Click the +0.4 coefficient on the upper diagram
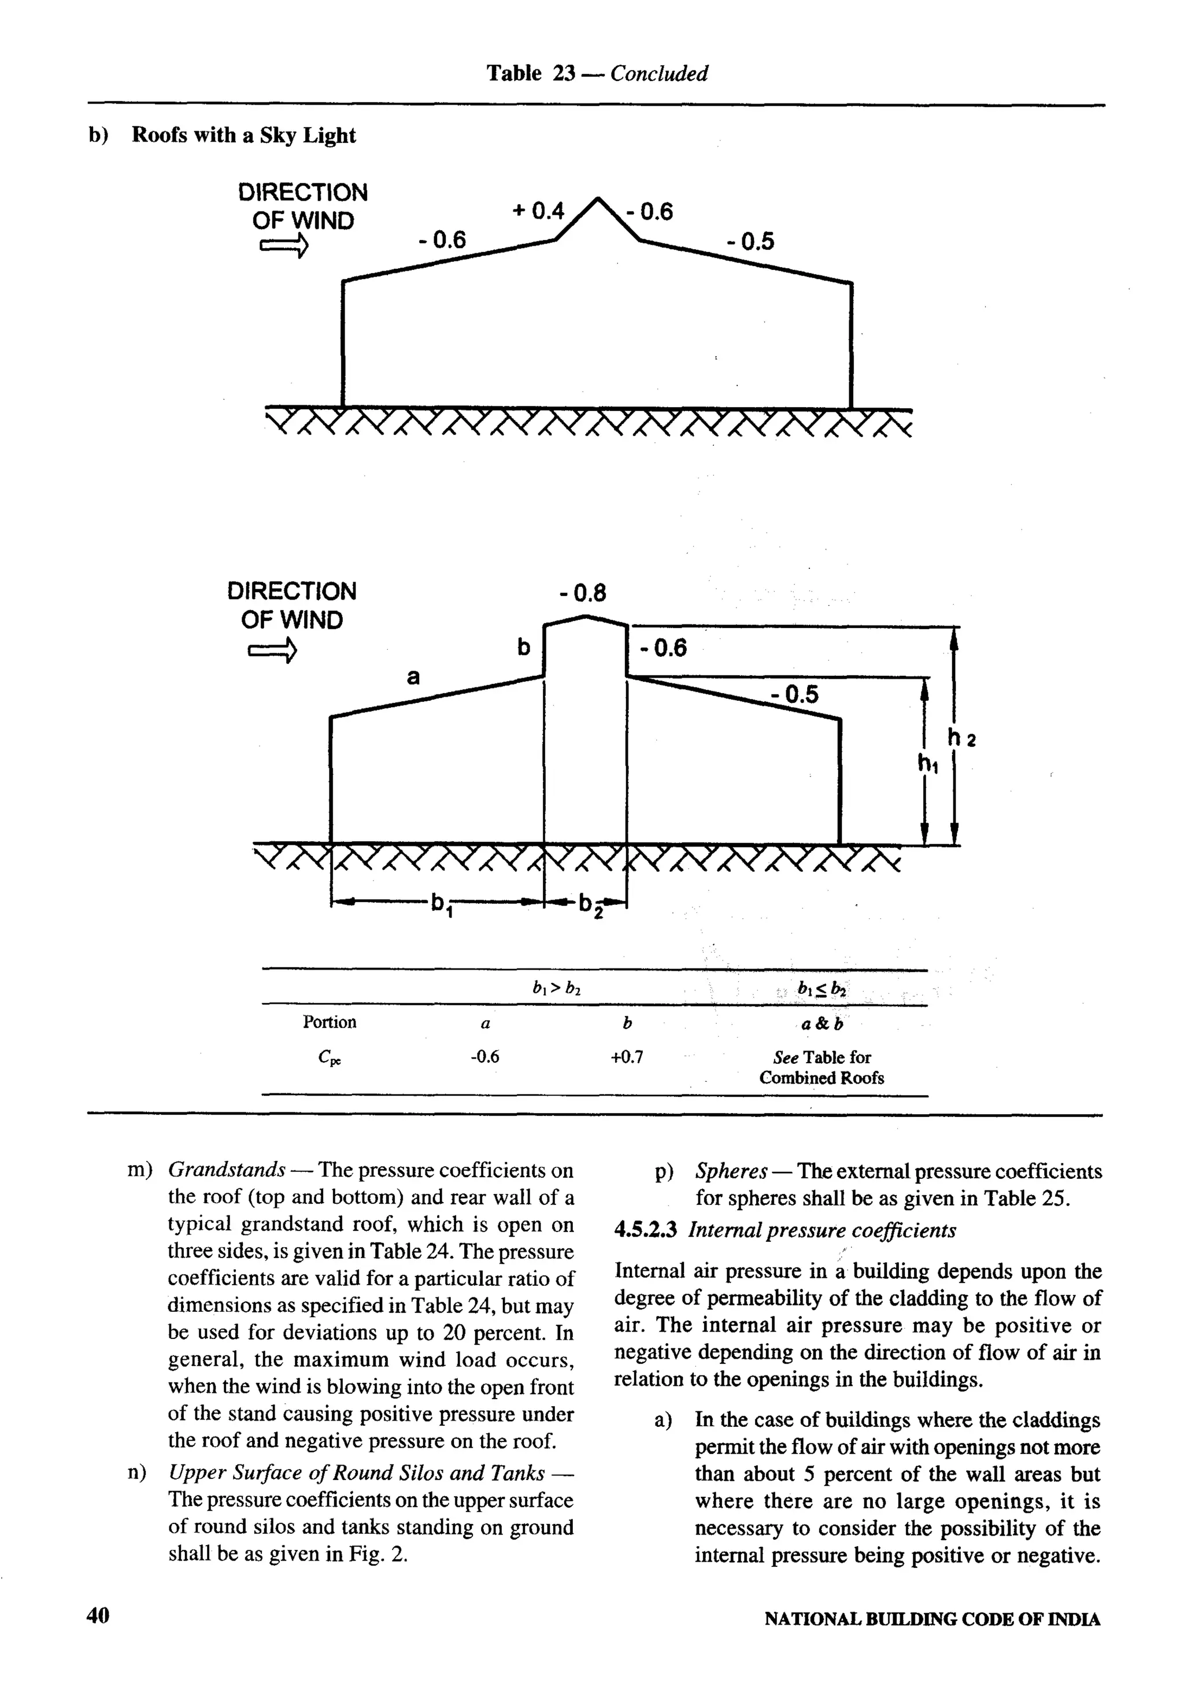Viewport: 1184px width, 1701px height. coord(538,212)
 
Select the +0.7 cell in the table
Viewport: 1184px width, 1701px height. coord(627,1057)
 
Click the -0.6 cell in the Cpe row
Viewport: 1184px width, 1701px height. coord(484,1057)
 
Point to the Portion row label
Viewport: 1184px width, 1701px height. coord(330,1022)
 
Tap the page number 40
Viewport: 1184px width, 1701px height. coord(98,1616)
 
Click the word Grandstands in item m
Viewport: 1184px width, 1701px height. coord(227,1171)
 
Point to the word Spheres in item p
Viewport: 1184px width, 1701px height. coord(731,1172)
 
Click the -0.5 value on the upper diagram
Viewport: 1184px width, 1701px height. coord(750,242)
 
